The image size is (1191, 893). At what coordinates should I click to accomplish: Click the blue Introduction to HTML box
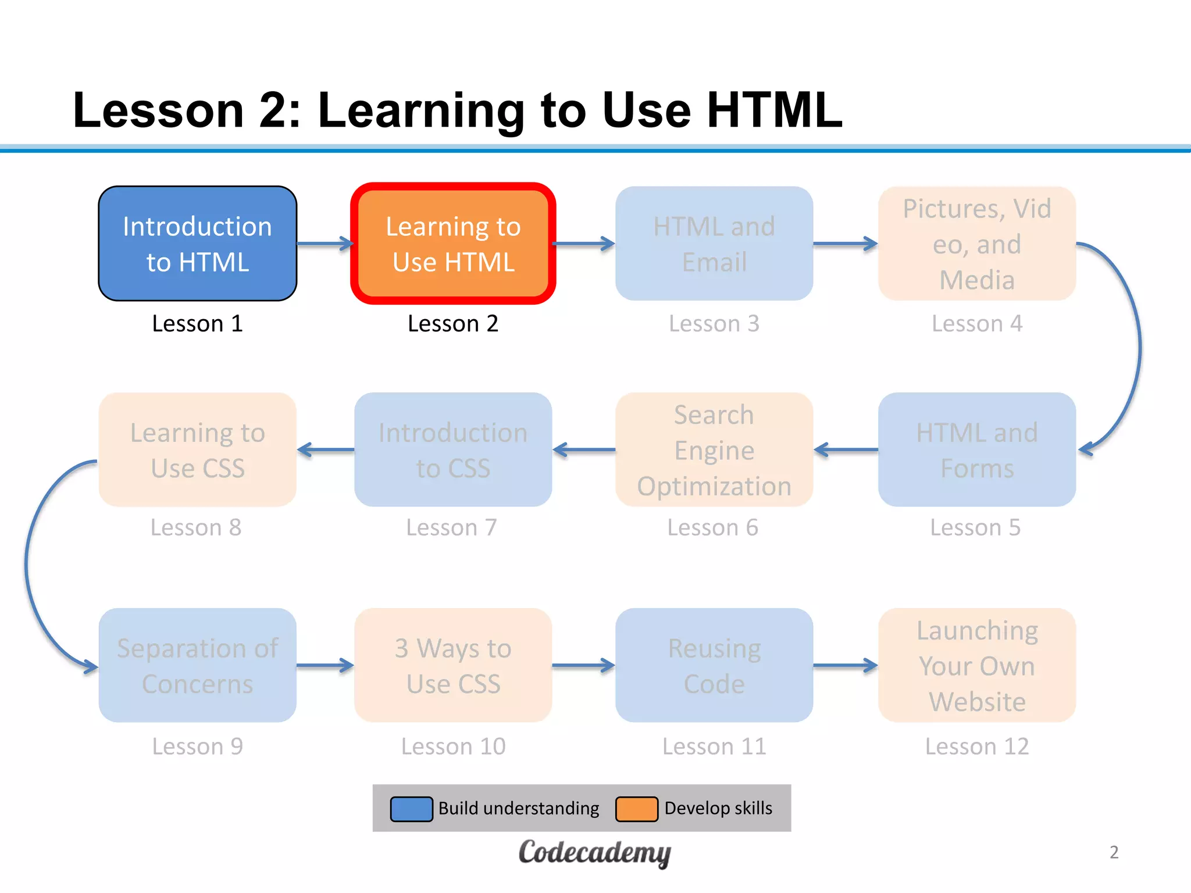(x=198, y=244)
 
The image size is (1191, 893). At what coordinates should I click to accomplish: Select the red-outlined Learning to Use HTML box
(x=453, y=244)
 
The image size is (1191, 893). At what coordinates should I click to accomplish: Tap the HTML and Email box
(x=714, y=244)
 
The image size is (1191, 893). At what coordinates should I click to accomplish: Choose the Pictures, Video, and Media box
(x=977, y=244)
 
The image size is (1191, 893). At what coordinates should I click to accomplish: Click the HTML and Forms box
(x=977, y=449)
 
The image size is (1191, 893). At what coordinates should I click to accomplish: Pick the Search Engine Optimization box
(x=714, y=449)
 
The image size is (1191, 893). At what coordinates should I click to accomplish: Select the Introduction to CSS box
(x=453, y=449)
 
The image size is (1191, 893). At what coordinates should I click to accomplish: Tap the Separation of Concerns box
(x=198, y=665)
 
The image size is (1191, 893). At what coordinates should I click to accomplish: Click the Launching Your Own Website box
(x=977, y=665)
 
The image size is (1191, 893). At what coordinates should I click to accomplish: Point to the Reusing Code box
(x=714, y=665)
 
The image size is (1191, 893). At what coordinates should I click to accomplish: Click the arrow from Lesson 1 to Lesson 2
(x=325, y=244)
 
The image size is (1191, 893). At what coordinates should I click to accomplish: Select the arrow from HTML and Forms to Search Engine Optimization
(x=846, y=449)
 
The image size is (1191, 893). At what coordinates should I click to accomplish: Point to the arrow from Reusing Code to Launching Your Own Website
(x=846, y=665)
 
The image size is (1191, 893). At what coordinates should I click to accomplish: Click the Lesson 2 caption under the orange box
(x=453, y=323)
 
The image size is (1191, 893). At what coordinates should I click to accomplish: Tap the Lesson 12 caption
(x=977, y=746)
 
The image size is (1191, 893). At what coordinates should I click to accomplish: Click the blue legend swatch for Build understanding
(x=411, y=809)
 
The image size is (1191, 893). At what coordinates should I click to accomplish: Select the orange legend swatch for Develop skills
(x=637, y=809)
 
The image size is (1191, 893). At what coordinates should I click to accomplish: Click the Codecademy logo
(x=594, y=853)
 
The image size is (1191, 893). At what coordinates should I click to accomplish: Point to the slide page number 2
(x=1114, y=852)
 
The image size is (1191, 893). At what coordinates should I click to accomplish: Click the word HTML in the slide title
(x=775, y=110)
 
